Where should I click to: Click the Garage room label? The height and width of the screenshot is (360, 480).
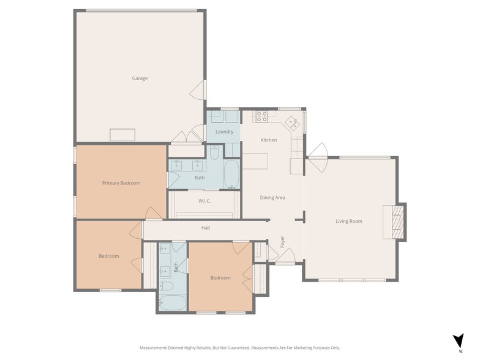pos(140,78)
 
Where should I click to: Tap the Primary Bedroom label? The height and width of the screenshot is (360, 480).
pos(121,183)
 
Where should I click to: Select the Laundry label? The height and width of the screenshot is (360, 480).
pos(224,132)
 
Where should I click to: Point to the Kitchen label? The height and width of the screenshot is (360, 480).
pos(269,140)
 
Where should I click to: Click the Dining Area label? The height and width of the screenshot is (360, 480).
pos(272,198)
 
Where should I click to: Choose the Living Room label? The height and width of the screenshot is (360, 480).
pos(349,222)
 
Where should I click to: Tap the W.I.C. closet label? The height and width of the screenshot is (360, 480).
pos(204,201)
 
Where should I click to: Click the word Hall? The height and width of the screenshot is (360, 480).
pos(206,228)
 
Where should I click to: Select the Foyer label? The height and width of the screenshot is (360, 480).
pos(283,242)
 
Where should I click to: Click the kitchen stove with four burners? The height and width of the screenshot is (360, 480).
pos(262,116)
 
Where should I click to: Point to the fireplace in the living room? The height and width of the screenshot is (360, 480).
pos(399,222)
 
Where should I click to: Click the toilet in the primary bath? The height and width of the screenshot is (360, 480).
pos(214,152)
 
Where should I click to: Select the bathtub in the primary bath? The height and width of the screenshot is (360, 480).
pos(231,174)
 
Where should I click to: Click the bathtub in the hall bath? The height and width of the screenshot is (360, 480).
pos(173,302)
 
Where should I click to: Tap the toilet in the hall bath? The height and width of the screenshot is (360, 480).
pos(167,287)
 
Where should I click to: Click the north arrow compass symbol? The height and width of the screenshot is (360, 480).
pos(459,340)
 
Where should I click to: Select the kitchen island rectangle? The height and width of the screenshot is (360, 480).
pos(255,161)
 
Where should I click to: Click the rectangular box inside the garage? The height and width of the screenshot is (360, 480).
pos(122,135)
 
